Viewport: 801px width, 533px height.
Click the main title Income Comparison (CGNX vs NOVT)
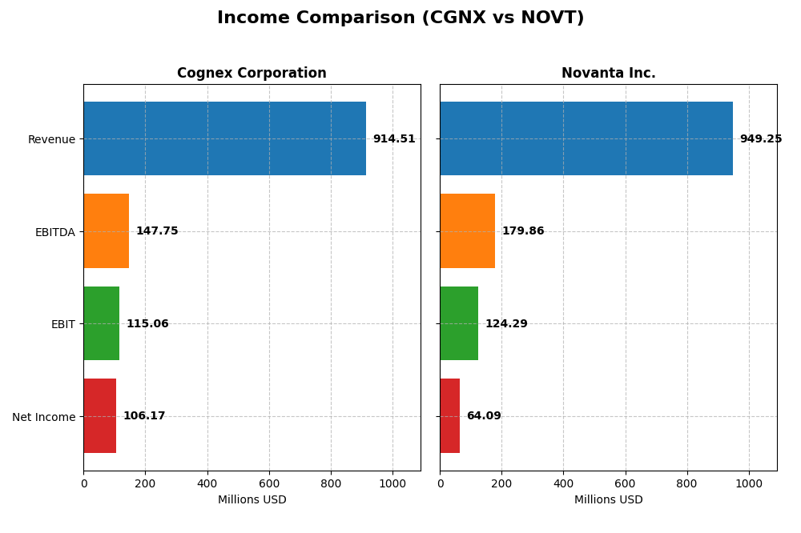click(x=400, y=18)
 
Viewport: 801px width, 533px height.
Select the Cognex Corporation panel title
click(x=252, y=74)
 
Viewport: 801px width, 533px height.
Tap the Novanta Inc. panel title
click(x=608, y=74)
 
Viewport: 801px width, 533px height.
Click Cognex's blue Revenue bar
click(x=224, y=138)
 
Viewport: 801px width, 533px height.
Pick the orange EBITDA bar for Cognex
click(x=106, y=231)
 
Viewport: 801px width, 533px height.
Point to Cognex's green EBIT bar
click(x=101, y=323)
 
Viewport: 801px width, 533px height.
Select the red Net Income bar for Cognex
click(x=99, y=416)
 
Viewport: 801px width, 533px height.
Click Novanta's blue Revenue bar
click(x=586, y=138)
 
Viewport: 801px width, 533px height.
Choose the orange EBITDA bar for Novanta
click(x=467, y=231)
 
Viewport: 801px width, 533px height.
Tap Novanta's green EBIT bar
click(x=459, y=323)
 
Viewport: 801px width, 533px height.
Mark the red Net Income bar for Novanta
click(x=449, y=416)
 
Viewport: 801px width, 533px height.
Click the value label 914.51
click(x=394, y=139)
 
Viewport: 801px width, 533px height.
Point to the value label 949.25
click(x=761, y=139)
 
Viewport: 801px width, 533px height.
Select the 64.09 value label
click(x=484, y=416)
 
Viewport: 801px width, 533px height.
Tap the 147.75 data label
click(x=157, y=231)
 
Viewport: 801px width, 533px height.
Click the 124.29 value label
click(x=506, y=324)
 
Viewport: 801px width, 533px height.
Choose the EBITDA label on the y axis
click(x=55, y=232)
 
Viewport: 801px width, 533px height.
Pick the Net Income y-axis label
click(x=44, y=417)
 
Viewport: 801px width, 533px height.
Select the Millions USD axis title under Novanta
click(x=608, y=500)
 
